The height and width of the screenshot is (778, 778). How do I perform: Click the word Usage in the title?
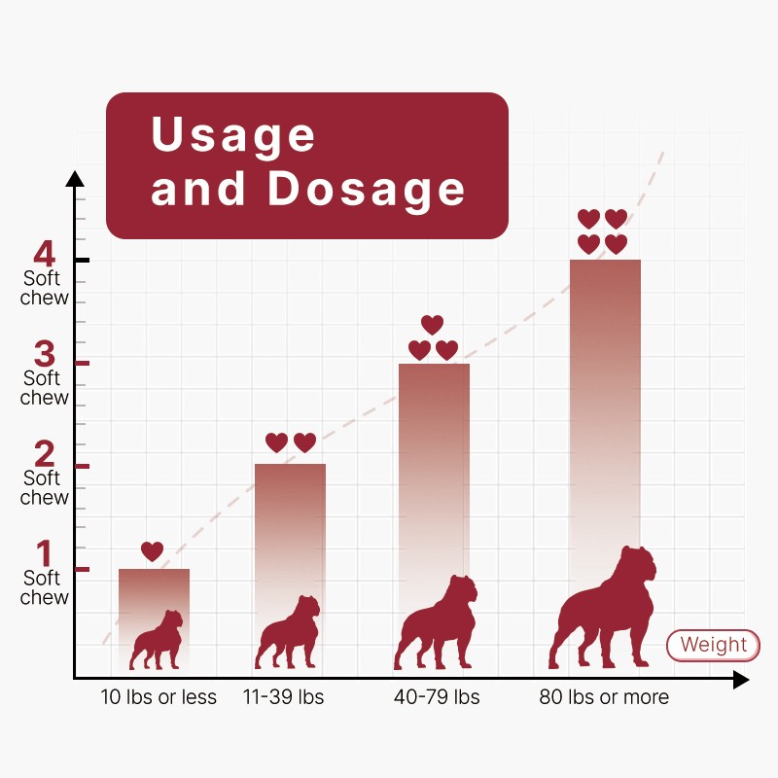coord(233,134)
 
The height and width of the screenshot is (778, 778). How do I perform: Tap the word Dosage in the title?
coord(367,188)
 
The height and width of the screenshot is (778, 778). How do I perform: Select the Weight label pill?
coord(713,645)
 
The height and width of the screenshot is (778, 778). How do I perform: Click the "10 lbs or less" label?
coord(159,697)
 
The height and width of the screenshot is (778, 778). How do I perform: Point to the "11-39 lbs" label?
coord(282,697)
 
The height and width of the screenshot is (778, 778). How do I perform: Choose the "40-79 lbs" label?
coord(437,697)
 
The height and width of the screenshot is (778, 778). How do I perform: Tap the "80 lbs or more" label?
coord(604,697)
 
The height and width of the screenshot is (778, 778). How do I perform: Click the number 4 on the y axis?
coord(44,255)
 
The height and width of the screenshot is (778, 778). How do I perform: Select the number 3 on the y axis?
coord(45,353)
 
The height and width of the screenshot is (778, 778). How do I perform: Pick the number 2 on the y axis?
coord(45,453)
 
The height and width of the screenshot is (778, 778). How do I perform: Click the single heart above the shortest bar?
coord(153,551)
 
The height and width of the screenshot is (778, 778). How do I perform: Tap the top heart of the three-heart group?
coord(432,324)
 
